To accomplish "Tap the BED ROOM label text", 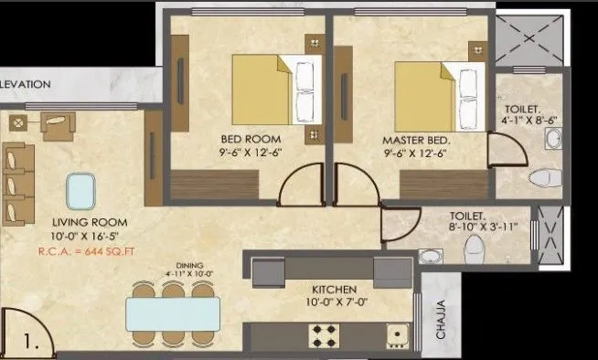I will (x=249, y=140).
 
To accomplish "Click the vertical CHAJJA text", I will (x=441, y=320).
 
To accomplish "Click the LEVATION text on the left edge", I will (x=26, y=83).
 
